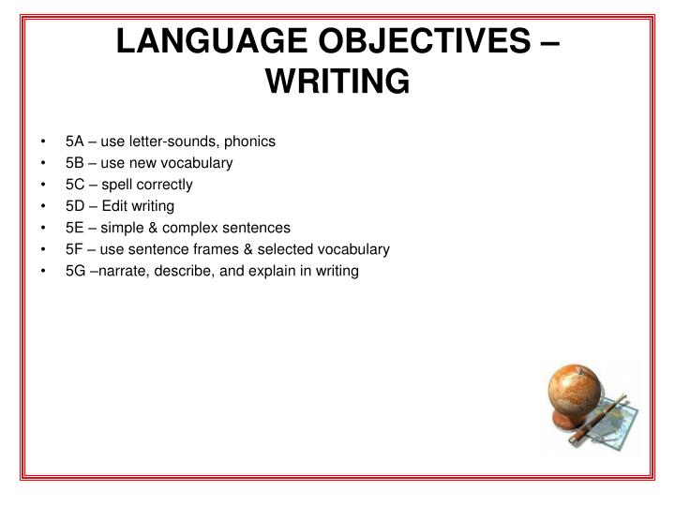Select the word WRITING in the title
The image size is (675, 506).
click(337, 82)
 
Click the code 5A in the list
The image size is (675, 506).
click(75, 141)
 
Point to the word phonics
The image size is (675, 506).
click(250, 141)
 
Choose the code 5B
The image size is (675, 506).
click(75, 163)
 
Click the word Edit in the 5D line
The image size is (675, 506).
click(115, 206)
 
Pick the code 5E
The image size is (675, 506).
click(75, 228)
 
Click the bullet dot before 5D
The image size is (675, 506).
click(44, 206)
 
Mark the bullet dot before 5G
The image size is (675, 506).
click(44, 271)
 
